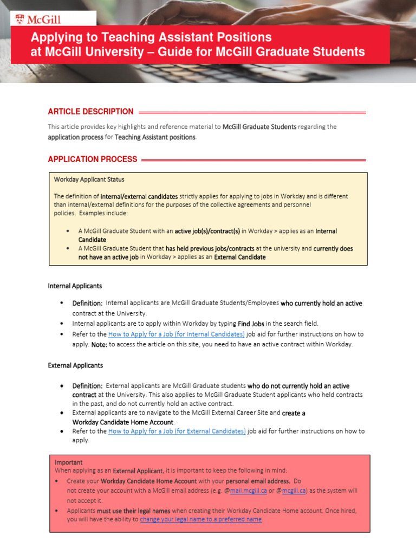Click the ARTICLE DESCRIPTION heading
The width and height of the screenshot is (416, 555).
point(90,112)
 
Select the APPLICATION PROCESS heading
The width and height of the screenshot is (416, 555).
point(92,159)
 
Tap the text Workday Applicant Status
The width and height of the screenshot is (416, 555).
point(89,179)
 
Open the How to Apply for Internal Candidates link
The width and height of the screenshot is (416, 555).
point(177,334)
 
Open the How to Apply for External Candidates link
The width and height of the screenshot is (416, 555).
point(177,431)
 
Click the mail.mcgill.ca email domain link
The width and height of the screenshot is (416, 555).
point(249,491)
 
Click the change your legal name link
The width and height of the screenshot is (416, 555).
point(201,519)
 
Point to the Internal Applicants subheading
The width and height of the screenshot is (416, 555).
point(75,286)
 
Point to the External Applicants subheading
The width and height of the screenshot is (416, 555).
point(75,365)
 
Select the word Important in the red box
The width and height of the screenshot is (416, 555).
point(69,462)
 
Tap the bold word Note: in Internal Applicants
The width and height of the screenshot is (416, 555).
point(99,344)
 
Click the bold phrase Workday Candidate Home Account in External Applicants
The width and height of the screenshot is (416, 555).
point(123,422)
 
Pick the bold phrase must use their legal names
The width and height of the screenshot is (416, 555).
point(134,511)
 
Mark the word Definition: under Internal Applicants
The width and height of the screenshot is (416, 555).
point(88,304)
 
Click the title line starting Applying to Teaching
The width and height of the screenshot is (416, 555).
point(151,37)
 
